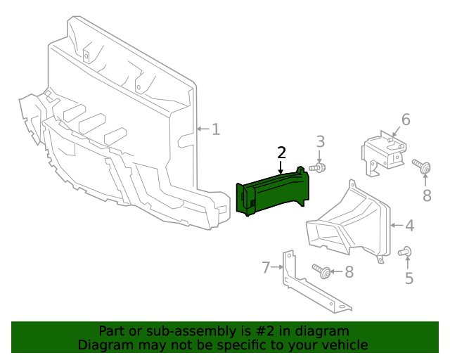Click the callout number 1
click(x=216, y=129)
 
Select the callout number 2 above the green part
click(x=281, y=153)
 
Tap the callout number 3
click(x=320, y=142)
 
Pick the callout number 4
click(x=409, y=226)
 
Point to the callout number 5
click(x=409, y=278)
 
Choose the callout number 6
click(x=406, y=120)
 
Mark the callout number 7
click(x=266, y=267)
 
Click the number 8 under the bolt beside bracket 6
click(x=427, y=195)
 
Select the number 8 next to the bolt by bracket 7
click(x=349, y=271)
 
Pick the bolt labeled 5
click(x=405, y=252)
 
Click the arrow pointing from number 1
click(x=203, y=129)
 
